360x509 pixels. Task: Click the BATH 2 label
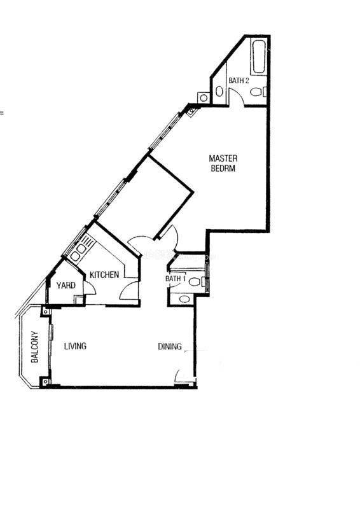click(239, 81)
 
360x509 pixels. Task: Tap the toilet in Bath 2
click(258, 92)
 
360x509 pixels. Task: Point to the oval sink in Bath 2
click(219, 92)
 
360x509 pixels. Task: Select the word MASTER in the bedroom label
click(223, 158)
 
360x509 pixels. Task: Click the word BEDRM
click(223, 168)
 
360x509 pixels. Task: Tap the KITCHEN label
click(104, 275)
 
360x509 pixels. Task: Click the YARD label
click(66, 285)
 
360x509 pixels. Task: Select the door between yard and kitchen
click(90, 288)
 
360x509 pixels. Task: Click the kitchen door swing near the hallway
click(129, 290)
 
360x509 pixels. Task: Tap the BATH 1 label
click(176, 279)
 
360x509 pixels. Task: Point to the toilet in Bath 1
click(197, 281)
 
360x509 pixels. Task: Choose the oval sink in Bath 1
click(184, 299)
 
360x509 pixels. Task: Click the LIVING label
click(75, 346)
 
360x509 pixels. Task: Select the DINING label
click(170, 346)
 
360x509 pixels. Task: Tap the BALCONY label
click(34, 347)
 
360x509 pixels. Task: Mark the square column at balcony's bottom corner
click(45, 382)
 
